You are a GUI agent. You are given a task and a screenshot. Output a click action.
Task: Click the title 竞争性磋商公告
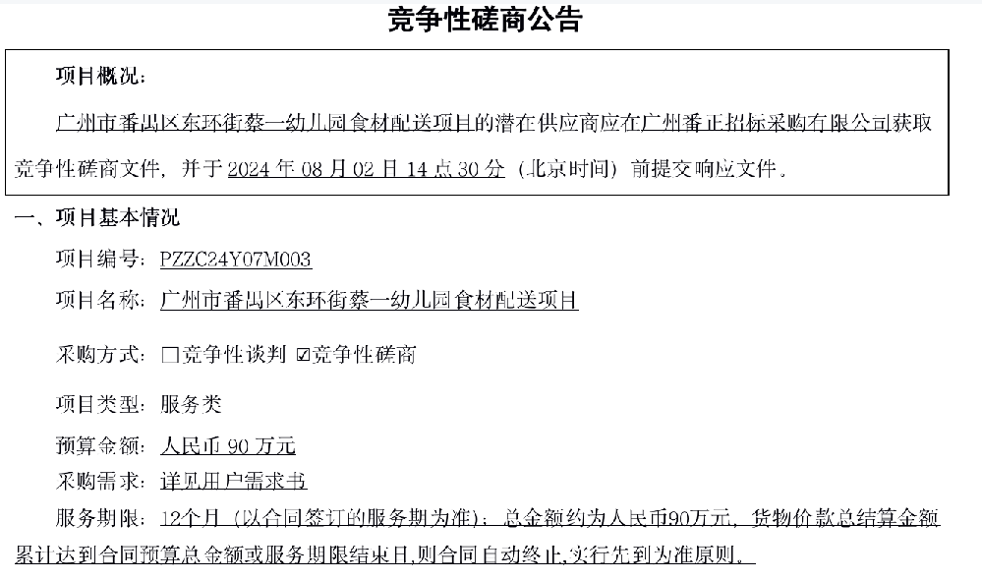486,20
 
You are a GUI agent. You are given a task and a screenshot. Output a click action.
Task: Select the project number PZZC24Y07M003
236,260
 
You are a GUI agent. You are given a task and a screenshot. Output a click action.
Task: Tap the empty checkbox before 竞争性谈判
170,355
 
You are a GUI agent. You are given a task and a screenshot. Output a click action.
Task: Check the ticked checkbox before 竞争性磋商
303,355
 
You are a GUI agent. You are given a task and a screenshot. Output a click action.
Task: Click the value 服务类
191,404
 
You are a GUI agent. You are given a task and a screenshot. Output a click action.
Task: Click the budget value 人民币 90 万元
228,445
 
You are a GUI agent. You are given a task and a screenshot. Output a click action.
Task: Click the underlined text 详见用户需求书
234,481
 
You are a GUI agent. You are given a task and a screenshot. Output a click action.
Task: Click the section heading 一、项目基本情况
97,217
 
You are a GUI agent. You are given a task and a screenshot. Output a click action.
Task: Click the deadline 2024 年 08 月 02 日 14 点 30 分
366,168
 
